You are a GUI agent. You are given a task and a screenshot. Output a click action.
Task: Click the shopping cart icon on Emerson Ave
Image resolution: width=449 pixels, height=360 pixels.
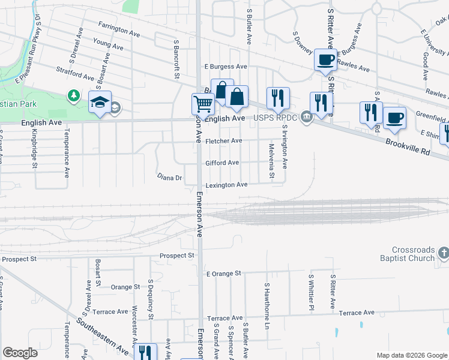coord(203,104)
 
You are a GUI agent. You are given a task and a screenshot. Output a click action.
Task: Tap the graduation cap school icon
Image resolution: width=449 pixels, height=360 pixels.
coord(100,102)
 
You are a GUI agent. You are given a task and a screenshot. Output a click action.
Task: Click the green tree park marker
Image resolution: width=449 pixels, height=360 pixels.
coord(73,95)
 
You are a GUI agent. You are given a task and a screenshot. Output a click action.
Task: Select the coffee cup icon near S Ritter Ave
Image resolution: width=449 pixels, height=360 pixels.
coord(325,60)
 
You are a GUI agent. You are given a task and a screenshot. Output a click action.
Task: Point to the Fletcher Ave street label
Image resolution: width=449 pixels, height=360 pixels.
coord(223,141)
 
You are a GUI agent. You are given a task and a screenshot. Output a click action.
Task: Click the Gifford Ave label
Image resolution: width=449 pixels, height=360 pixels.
coord(222,163)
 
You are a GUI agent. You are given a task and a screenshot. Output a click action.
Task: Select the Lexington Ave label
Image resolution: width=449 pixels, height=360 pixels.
coord(226,185)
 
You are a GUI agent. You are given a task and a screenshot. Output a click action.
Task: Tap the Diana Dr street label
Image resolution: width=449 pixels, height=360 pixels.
coord(169,178)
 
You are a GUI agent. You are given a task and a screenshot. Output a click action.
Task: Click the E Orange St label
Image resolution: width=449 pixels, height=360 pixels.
coord(223,273)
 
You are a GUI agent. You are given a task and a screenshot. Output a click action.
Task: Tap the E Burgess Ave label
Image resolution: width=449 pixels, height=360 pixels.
coord(226,67)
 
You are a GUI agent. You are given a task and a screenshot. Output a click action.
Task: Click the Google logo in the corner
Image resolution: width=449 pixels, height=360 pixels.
coord(20,353)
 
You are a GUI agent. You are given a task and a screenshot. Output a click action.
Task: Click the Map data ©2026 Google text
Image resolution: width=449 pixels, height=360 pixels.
coord(411,355)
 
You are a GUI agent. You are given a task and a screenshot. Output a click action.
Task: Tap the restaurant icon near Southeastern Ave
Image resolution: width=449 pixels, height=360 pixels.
coord(145,352)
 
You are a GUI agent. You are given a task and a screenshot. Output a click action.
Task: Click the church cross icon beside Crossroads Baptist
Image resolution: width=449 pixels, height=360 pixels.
coord(443,253)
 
